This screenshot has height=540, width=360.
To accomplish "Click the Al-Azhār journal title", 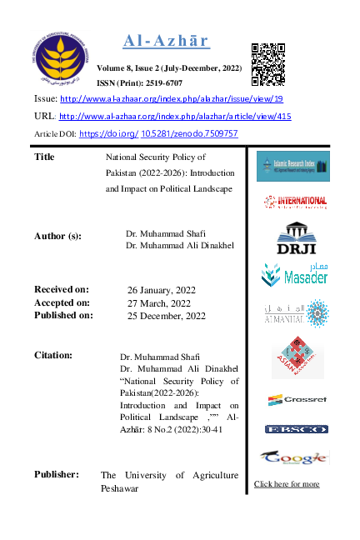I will pyautogui.click(x=166, y=42).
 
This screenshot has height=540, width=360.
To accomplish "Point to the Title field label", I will pyautogui.click(x=46, y=157).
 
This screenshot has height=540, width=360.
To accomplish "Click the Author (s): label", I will pyautogui.click(x=58, y=236).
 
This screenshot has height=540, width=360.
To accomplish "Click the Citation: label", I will pyautogui.click(x=53, y=355).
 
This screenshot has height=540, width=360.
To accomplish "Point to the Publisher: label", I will pyautogui.click(x=57, y=474).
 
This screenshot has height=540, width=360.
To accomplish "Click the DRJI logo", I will pyautogui.click(x=292, y=237).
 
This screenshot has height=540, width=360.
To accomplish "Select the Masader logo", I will pyautogui.click(x=292, y=274).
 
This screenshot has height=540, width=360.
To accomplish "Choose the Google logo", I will pyautogui.click(x=292, y=457).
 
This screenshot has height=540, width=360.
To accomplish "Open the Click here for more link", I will pyautogui.click(x=287, y=484).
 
